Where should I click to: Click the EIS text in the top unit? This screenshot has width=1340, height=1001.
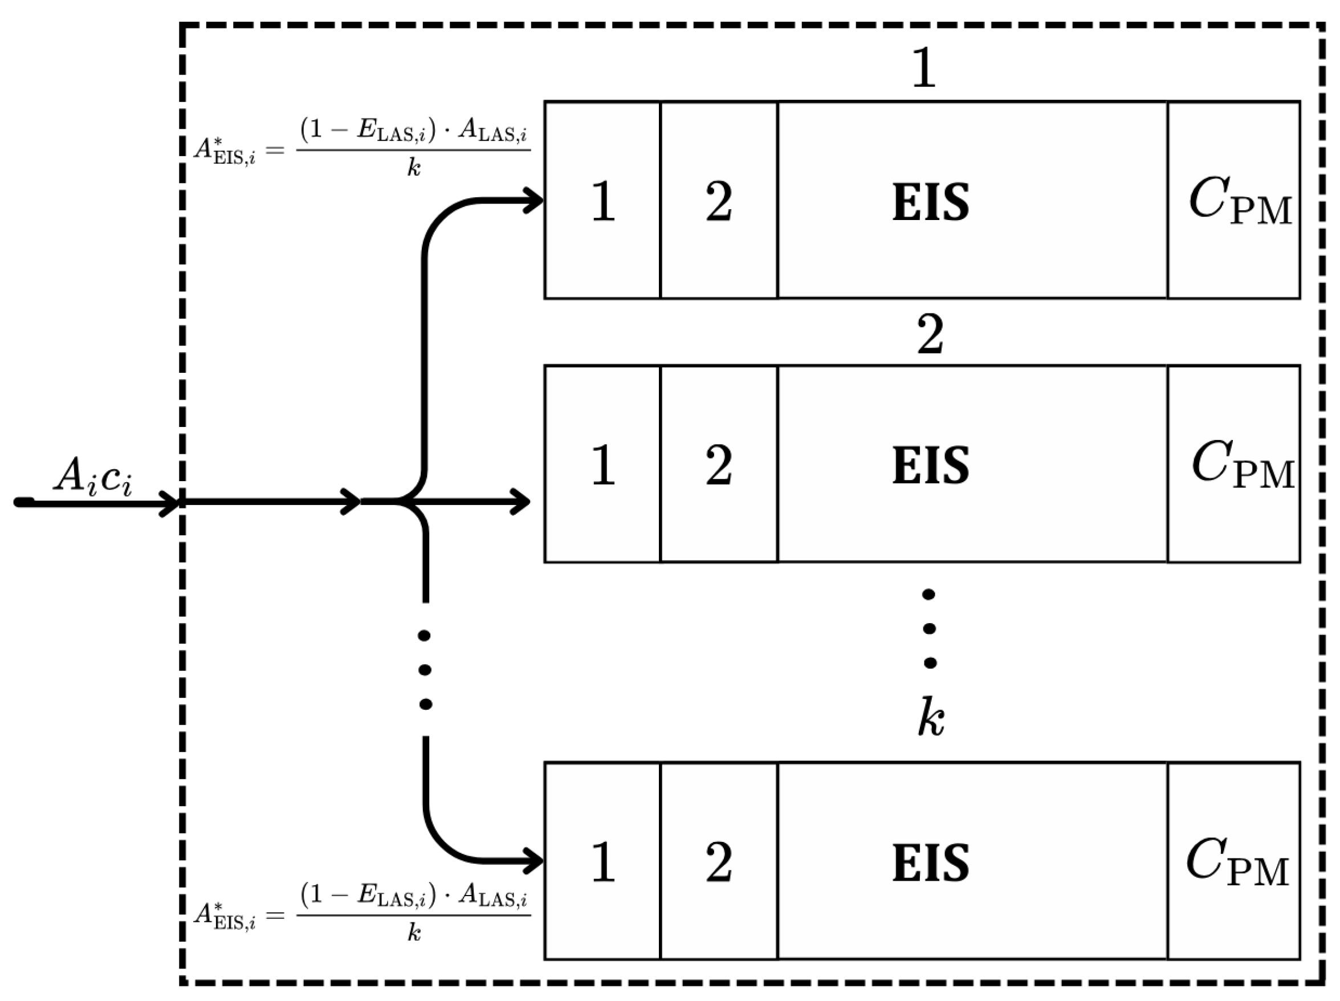pos(931,202)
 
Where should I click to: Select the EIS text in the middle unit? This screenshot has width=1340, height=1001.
pos(931,465)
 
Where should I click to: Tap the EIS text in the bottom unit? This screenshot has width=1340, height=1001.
pos(931,862)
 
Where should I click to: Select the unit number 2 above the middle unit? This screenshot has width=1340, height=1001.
pos(930,335)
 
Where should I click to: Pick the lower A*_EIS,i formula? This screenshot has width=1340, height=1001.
pos(363,914)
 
